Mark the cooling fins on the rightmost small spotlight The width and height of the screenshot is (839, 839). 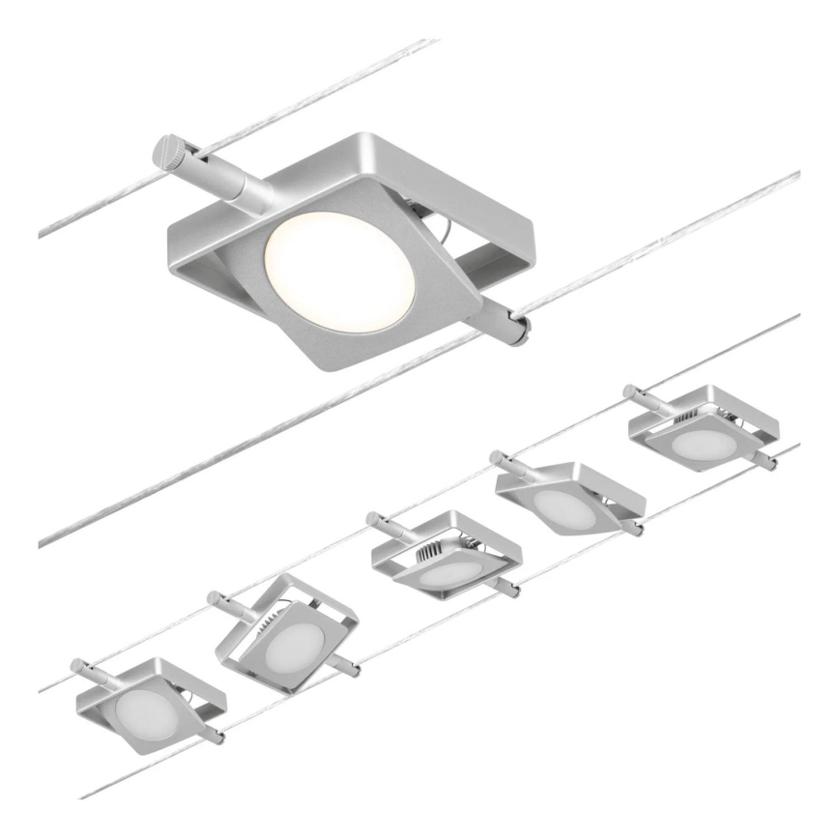pos(685,417)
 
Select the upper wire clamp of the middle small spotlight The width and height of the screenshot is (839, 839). pos(381,523)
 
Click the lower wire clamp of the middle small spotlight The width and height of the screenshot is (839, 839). pos(508,588)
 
